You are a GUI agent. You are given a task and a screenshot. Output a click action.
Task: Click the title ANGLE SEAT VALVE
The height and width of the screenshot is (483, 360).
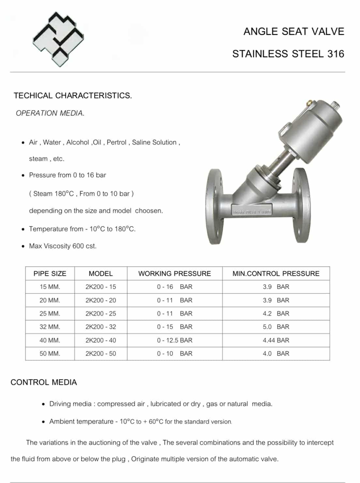coord(293,32)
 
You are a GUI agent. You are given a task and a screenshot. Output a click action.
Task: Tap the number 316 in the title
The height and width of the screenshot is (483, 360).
coord(336,54)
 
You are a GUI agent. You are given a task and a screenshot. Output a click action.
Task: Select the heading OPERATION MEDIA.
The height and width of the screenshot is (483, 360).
coord(50,113)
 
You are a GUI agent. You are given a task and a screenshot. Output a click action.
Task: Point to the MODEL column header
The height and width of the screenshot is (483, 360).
coord(100,273)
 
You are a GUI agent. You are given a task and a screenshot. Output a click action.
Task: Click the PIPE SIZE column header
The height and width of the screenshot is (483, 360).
coord(50,273)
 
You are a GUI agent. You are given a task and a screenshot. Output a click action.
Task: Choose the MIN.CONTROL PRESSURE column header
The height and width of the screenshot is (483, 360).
coord(276,273)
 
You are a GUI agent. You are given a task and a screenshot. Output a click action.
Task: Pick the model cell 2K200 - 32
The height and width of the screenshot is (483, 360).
coord(100,327)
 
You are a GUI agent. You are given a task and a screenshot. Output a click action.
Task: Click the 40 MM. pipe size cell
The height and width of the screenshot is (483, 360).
coord(50,340)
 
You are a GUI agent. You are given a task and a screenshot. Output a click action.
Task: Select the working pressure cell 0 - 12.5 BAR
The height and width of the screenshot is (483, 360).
coord(174,340)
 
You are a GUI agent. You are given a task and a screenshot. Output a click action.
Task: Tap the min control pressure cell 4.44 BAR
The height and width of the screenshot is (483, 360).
coord(276,340)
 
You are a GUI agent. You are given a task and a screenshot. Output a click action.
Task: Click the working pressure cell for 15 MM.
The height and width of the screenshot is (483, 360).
coord(174,287)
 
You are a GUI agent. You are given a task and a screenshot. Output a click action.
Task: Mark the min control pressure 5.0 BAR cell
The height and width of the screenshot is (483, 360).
coord(276,327)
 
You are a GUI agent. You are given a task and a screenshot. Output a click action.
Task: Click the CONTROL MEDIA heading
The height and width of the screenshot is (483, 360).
coord(44,382)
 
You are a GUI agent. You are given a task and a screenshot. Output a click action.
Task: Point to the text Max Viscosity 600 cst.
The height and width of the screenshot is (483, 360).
coord(63,246)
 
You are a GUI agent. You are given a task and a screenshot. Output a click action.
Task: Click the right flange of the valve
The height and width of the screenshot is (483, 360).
coord(301,205)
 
